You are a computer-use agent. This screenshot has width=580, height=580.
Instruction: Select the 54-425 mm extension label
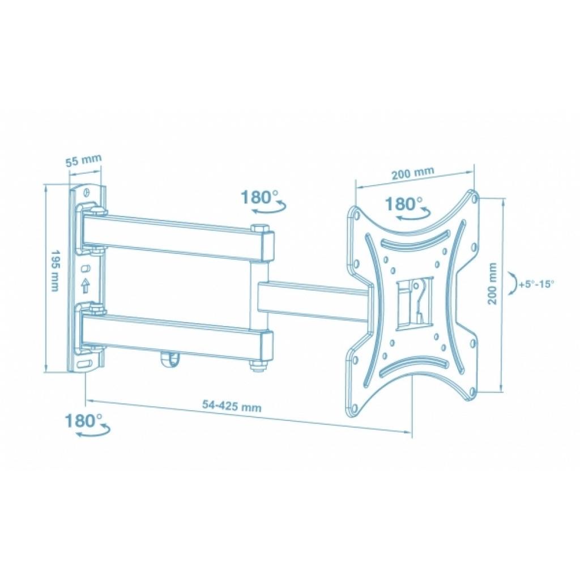(x=232, y=406)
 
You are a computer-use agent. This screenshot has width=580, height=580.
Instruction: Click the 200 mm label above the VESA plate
(x=412, y=172)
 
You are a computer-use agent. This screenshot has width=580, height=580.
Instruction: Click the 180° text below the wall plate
(x=84, y=421)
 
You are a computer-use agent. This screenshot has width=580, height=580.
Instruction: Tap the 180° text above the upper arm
(x=260, y=197)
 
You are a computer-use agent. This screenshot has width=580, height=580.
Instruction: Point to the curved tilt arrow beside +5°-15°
(x=513, y=284)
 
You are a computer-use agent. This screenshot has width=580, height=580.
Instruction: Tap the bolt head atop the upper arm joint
(x=261, y=229)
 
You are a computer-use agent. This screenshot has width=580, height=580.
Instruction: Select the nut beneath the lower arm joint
(x=259, y=367)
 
